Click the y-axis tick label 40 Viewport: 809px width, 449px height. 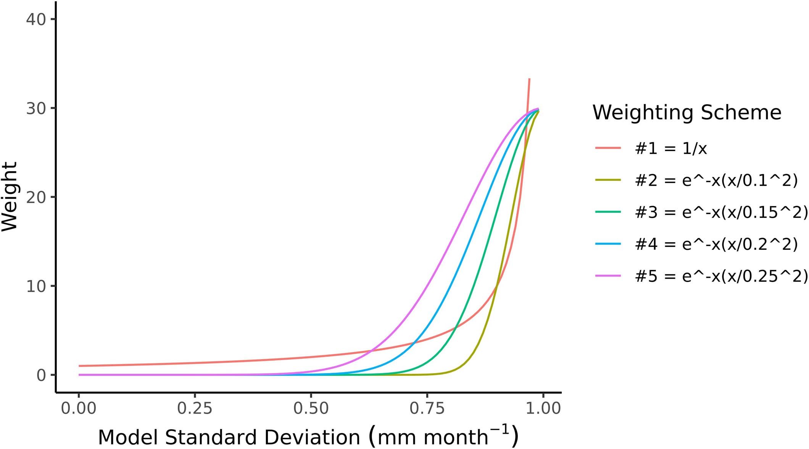coord(36,19)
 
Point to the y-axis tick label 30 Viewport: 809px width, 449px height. coord(36,108)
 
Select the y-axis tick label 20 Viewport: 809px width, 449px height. coord(36,197)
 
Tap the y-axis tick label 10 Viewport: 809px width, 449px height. coord(36,286)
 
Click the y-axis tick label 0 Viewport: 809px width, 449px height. coord(41,375)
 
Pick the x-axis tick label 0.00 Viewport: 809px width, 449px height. coord(79,409)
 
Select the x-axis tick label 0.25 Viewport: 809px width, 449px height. coord(195,409)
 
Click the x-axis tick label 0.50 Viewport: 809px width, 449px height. coord(311,409)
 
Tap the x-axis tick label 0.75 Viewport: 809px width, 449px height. coord(427,409)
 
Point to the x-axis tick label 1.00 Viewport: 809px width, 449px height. coord(543,409)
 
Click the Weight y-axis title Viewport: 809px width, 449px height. coord(10,196)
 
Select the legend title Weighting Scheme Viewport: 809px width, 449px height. coord(687,113)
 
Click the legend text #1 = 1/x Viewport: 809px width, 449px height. coord(670,148)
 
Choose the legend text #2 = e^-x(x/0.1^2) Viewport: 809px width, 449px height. coord(716,180)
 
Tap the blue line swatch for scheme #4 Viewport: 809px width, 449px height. coord(608,244)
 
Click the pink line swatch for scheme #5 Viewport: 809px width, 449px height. coord(608,276)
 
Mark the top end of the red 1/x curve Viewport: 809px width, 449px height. coord(529,79)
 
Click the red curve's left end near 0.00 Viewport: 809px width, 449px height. coord(79,366)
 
